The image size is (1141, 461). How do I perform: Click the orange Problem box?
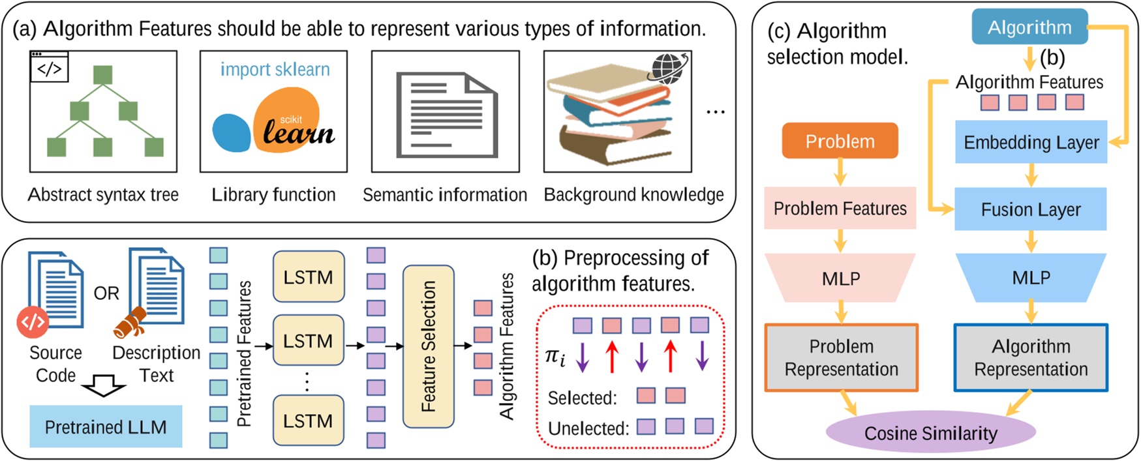840,141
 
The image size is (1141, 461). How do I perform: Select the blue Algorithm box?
1029,27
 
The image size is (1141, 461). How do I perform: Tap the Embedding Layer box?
1031,142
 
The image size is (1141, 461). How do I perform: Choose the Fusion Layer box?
1031,209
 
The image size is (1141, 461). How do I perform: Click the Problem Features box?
840,209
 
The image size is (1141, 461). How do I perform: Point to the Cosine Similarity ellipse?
930,433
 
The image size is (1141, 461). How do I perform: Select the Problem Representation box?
841,357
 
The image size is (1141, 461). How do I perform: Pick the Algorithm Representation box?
1031,357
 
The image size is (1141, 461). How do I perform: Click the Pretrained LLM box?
106,426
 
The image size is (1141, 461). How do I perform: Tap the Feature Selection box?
428,346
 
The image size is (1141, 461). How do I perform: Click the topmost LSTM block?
308,277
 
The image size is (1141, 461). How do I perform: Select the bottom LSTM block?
308,421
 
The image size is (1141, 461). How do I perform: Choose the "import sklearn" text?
275,69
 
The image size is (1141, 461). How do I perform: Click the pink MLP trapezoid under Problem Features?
841,278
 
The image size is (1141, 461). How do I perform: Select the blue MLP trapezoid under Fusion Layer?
1031,278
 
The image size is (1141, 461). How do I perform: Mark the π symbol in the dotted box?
554,357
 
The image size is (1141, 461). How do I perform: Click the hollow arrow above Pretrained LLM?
103,386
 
